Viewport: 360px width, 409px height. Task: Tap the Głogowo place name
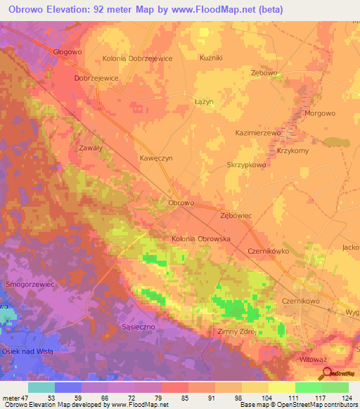click(68, 51)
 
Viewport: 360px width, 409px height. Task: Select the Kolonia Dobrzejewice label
click(137, 59)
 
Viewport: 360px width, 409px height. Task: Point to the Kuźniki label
click(211, 58)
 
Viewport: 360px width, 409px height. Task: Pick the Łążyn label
click(204, 102)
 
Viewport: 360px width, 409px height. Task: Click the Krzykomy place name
click(293, 151)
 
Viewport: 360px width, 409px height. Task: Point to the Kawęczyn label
click(156, 158)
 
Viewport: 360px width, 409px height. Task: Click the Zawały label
click(91, 148)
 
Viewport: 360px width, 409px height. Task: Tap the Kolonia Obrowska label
click(201, 239)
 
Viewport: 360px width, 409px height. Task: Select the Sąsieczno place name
click(138, 328)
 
